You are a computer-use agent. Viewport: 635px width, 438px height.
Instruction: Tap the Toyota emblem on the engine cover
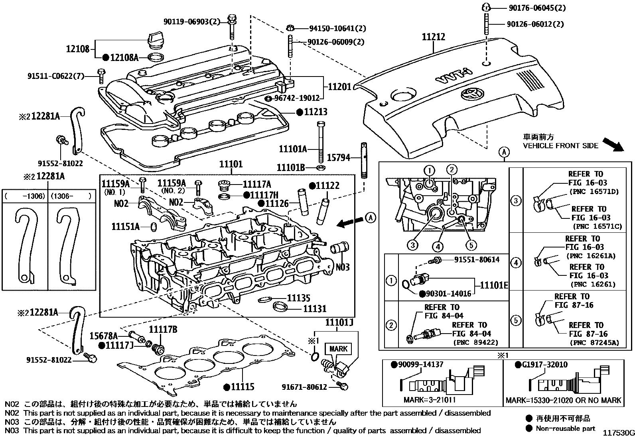[470, 96]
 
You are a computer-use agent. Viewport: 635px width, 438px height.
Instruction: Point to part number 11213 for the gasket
[316, 112]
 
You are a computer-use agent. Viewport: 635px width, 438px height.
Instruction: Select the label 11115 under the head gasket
[243, 387]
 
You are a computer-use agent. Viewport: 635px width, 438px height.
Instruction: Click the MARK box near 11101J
[338, 349]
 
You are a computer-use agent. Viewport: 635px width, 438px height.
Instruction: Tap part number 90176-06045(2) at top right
[536, 8]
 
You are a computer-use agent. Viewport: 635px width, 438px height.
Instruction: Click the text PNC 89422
[481, 342]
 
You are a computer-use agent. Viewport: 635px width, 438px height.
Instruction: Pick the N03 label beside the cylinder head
[342, 267]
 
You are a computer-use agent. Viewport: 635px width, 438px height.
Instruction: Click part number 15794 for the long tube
[339, 157]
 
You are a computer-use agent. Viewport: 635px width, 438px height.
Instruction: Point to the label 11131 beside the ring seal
[314, 308]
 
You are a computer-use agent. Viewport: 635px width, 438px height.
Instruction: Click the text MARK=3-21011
[430, 400]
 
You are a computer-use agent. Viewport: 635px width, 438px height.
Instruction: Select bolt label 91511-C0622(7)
[56, 76]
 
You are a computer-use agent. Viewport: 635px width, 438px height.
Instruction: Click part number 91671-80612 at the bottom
[304, 387]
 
